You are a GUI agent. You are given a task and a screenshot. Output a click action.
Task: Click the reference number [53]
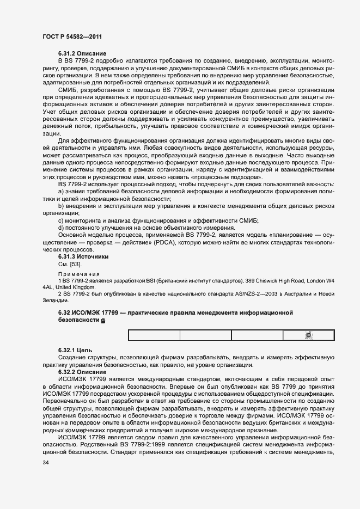point(75,263)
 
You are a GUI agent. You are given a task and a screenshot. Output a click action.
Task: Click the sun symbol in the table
point(308,335)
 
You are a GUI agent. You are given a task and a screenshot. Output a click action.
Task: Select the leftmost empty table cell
point(154,335)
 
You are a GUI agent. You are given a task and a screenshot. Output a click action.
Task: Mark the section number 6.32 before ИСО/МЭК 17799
point(64,313)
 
